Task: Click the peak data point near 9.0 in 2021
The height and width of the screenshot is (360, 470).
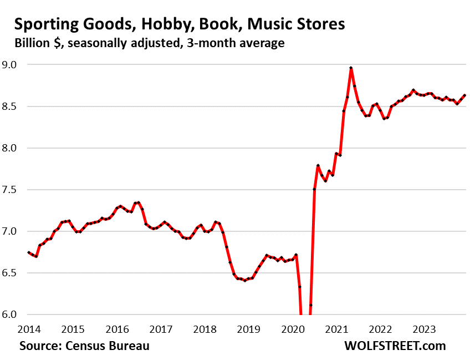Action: pyautogui.click(x=351, y=68)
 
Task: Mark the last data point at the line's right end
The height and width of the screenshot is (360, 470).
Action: pyautogui.click(x=464, y=95)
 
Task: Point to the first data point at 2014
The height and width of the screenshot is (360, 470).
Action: pyautogui.click(x=28, y=252)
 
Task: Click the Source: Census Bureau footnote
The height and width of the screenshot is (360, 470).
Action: pyautogui.click(x=84, y=346)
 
